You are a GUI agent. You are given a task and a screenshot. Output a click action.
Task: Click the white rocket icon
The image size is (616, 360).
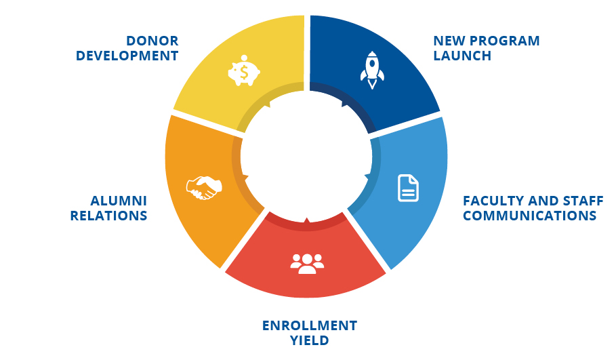pyautogui.click(x=372, y=70)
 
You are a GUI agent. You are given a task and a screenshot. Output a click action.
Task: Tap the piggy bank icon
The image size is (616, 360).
pyautogui.click(x=244, y=71)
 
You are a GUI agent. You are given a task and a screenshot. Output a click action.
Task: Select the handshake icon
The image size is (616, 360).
pyautogui.click(x=204, y=188)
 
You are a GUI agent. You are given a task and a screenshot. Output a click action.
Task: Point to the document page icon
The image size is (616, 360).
pyautogui.click(x=408, y=188)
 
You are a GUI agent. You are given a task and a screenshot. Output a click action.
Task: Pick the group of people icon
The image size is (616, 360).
pyautogui.click(x=307, y=264)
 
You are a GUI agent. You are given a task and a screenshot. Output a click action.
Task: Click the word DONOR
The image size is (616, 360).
pyautogui.click(x=152, y=41)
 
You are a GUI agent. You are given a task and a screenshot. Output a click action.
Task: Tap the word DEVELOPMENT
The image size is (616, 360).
pyautogui.click(x=127, y=56)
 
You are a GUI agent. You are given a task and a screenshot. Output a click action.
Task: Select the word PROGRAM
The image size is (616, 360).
pyautogui.click(x=505, y=41)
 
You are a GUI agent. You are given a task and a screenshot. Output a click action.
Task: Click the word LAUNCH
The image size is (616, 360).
pyautogui.click(x=462, y=56)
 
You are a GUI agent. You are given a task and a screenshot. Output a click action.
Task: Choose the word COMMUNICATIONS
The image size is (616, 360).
pyautogui.click(x=529, y=216)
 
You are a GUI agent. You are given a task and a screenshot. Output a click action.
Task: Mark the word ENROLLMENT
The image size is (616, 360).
pyautogui.click(x=310, y=326)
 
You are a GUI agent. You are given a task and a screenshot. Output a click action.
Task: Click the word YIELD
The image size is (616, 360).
pyautogui.click(x=310, y=340)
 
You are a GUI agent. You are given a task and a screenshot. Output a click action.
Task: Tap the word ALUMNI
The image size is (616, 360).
pyautogui.click(x=119, y=201)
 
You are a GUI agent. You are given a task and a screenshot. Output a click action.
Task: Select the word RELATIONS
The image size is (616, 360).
pyautogui.click(x=109, y=216)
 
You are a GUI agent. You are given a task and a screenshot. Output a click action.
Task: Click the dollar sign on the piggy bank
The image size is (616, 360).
pyautogui.click(x=244, y=73)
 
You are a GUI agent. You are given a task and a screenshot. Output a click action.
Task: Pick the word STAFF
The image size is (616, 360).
pyautogui.click(x=583, y=201)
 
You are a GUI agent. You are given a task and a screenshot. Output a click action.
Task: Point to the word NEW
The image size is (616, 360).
pyautogui.click(x=449, y=41)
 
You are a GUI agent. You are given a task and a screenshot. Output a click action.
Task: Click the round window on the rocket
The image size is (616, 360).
pyautogui.click(x=372, y=64)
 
